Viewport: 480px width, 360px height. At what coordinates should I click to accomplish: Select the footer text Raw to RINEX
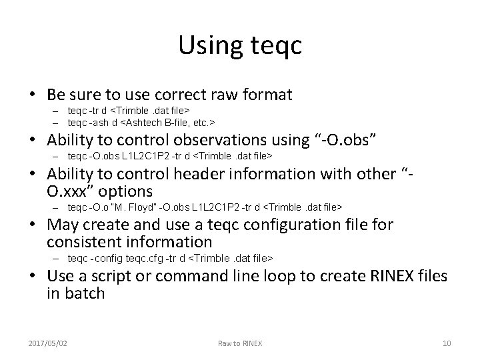pyautogui.click(x=240, y=343)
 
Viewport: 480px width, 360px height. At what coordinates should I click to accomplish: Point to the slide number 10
pyautogui.click(x=447, y=343)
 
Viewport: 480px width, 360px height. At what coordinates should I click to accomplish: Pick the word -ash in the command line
pyautogui.click(x=99, y=123)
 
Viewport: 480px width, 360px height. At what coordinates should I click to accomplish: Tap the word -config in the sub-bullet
pyautogui.click(x=103, y=258)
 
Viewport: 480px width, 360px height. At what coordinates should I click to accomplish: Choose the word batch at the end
pyautogui.click(x=85, y=293)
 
